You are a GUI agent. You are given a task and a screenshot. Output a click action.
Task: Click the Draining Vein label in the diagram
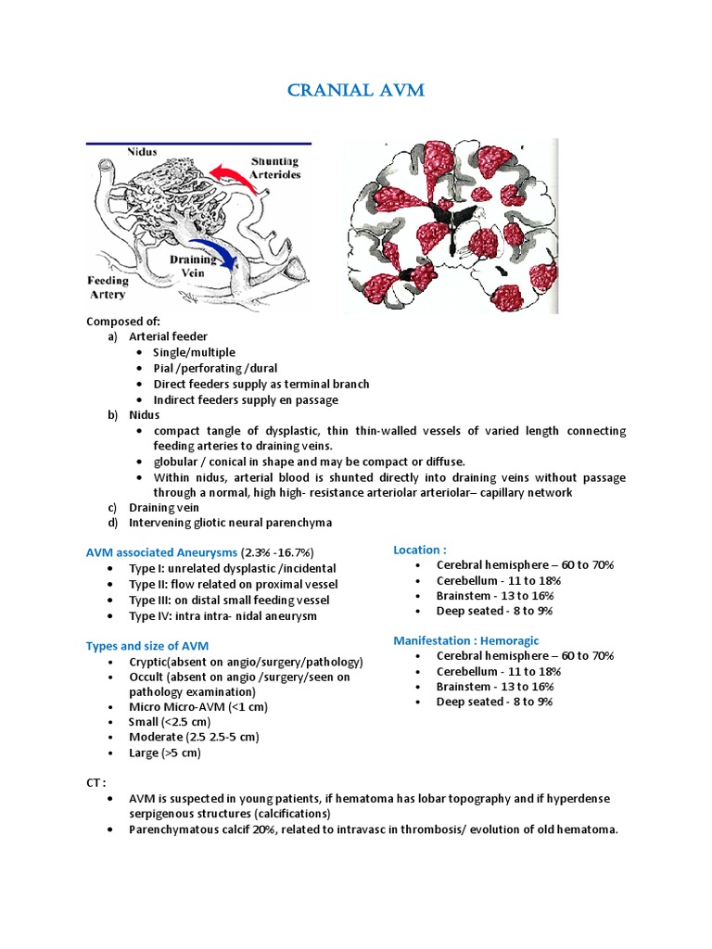(193, 267)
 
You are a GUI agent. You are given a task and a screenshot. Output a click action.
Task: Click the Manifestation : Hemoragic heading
(465, 640)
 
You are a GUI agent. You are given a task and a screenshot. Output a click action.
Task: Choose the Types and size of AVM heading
(147, 645)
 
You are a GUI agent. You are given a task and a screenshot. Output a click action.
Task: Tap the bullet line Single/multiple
(194, 352)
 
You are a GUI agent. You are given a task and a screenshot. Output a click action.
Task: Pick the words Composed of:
(123, 321)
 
